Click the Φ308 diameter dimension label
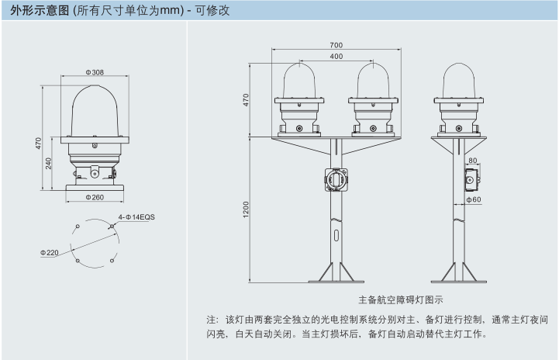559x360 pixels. (x=96, y=72)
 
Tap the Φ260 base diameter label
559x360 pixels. (x=96, y=197)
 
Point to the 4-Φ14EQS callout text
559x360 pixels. (x=136, y=217)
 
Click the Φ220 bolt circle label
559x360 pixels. (x=50, y=253)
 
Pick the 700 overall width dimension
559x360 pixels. (x=336, y=45)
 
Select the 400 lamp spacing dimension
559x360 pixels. (x=336, y=57)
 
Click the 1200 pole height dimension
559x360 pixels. (x=246, y=209)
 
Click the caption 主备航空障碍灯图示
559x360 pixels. (x=401, y=299)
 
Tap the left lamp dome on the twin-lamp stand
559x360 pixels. (x=300, y=81)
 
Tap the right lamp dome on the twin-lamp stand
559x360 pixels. (x=372, y=81)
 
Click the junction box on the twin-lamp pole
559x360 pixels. (x=336, y=178)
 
